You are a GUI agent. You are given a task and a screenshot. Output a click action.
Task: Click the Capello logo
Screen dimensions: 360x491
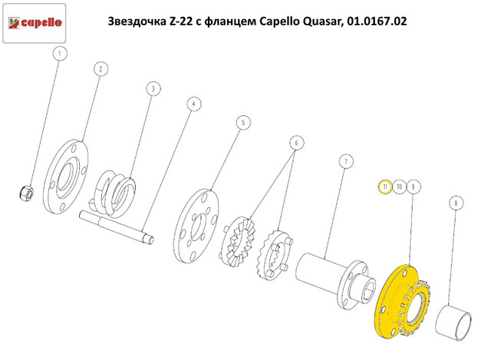(x=35, y=23)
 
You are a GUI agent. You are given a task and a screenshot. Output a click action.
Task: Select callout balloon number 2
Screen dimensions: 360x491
(x=99, y=70)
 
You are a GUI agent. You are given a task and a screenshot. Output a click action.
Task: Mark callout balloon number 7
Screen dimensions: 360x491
(x=345, y=161)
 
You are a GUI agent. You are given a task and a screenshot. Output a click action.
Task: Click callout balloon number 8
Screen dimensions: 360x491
(x=456, y=203)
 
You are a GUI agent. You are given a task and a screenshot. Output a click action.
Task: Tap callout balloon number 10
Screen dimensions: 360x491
(x=399, y=187)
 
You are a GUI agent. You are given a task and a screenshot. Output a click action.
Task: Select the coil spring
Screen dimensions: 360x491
(x=117, y=190)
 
